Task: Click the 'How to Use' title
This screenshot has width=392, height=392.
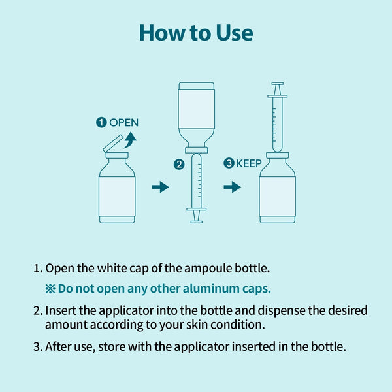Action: point(196,33)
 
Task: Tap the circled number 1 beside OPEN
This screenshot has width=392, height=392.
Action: point(101,123)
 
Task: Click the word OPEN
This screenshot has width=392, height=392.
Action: point(123,123)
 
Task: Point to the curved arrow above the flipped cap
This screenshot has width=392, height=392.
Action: point(130,140)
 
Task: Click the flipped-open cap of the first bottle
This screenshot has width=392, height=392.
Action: point(113,143)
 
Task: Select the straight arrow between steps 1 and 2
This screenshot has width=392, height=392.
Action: point(160,187)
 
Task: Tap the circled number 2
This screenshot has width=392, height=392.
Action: point(179,165)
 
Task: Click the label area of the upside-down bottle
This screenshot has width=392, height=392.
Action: point(197,108)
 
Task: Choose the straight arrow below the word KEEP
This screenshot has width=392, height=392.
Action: point(232,187)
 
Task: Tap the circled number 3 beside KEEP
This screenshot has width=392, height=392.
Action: point(229,163)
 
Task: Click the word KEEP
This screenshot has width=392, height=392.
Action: point(249,163)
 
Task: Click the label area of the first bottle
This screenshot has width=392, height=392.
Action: point(117,197)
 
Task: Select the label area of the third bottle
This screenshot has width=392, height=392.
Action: point(278,197)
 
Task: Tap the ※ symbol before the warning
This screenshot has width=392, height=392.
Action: point(50,289)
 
